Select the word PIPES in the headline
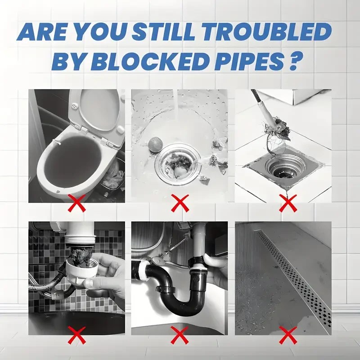point(249,61)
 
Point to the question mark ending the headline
point(294,61)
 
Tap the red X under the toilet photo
point(77,203)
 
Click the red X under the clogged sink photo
point(180,203)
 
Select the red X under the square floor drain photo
point(288,203)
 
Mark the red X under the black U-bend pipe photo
point(180,335)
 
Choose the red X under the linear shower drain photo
point(288,335)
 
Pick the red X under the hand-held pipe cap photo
point(77,335)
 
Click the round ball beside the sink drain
point(155,144)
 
